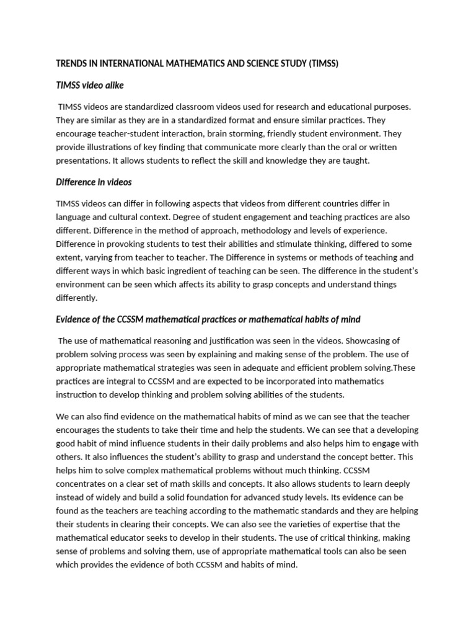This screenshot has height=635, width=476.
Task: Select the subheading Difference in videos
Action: tap(94, 182)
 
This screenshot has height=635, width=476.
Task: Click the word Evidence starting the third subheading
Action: tap(75, 319)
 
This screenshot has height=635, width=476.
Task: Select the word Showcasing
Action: tap(373, 340)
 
